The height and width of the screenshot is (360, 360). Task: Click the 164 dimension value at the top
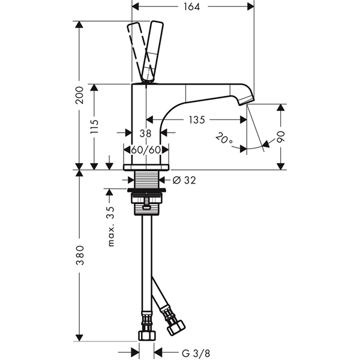pyautogui.click(x=192, y=7)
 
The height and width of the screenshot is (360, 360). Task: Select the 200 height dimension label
pyautogui.click(x=80, y=95)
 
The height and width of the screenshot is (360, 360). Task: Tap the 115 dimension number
pyautogui.click(x=94, y=126)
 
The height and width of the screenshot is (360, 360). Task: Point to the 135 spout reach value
pyautogui.click(x=197, y=120)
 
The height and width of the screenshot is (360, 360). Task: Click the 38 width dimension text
pyautogui.click(x=146, y=133)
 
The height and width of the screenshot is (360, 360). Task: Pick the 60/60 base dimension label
pyautogui.click(x=146, y=150)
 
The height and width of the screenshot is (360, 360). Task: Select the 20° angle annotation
pyautogui.click(x=224, y=138)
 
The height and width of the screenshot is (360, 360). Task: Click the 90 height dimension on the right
pyautogui.click(x=281, y=137)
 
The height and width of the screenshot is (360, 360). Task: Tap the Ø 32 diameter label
pyautogui.click(x=184, y=180)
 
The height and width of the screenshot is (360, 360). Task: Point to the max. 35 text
pyautogui.click(x=111, y=226)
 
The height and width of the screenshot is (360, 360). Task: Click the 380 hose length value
pyautogui.click(x=80, y=256)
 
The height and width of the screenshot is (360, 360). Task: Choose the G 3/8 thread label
pyautogui.click(x=196, y=353)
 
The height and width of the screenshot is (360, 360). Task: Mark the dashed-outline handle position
pyautogui.click(x=139, y=52)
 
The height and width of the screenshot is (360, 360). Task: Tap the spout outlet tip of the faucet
pyautogui.click(x=246, y=101)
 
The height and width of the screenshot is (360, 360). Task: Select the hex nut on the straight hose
pyautogui.click(x=147, y=335)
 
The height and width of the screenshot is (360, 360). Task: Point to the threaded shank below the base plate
pyautogui.click(x=146, y=179)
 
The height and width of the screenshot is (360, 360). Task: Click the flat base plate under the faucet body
pyautogui.click(x=146, y=167)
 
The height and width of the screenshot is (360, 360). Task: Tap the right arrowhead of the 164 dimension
pyautogui.click(x=250, y=7)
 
